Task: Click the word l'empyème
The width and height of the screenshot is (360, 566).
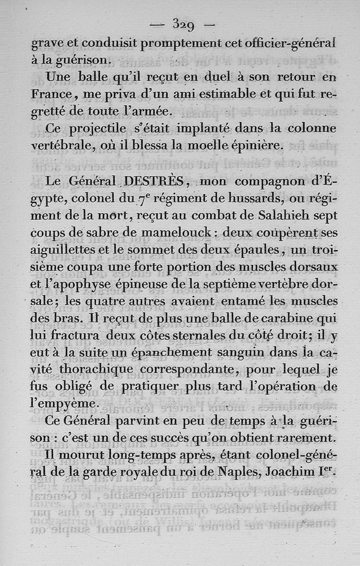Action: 64,404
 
